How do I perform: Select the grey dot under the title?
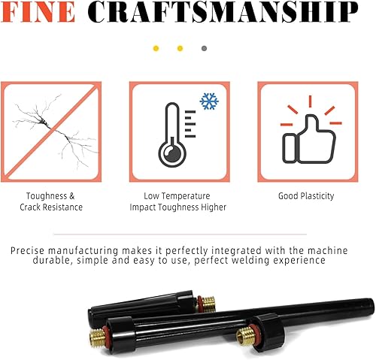click(x=204, y=49)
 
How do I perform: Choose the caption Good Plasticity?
click(x=305, y=196)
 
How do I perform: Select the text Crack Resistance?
click(x=51, y=207)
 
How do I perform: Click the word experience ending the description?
click(x=299, y=261)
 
